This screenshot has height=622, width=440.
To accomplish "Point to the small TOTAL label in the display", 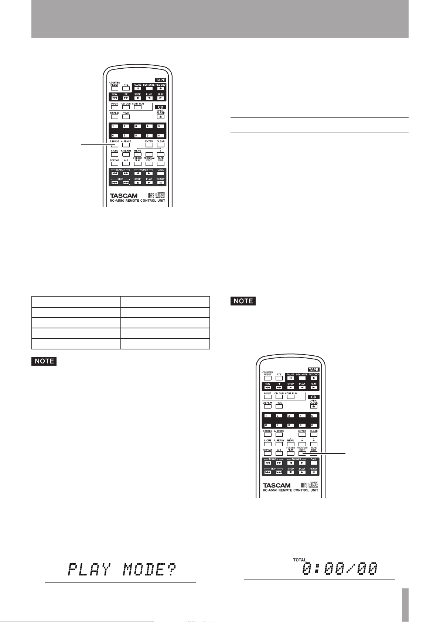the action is point(300,560).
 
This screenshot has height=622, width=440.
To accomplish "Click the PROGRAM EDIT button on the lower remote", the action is point(302,454).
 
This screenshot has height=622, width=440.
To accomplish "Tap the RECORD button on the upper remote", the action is point(160,89).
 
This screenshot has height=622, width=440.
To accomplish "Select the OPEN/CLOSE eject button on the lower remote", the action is point(313,406).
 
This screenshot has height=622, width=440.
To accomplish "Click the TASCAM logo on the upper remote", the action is point(123,195).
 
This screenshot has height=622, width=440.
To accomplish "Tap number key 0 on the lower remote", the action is point(313,426).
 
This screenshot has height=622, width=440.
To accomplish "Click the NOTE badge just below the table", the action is point(44,361).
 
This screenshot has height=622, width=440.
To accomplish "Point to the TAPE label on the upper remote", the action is point(160,80).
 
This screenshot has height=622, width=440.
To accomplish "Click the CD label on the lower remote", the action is point(313,397).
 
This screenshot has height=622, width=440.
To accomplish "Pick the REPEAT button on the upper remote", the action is point(115,164).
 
